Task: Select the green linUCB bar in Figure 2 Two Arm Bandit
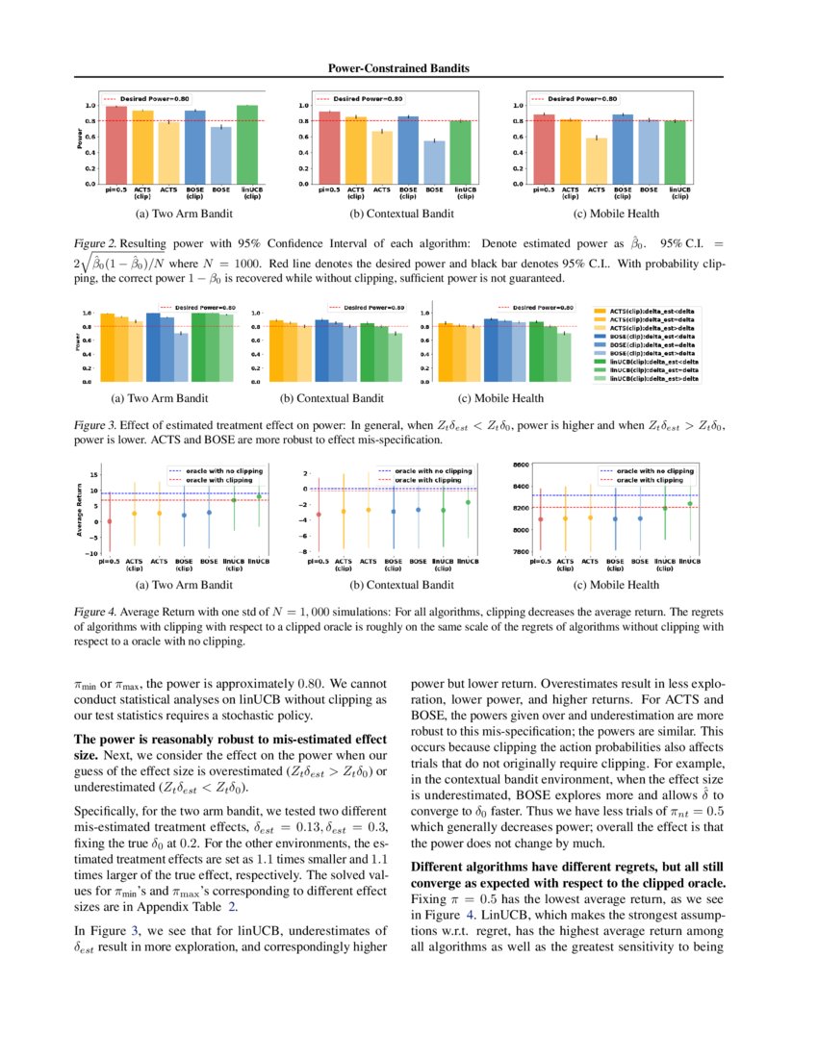coord(247,144)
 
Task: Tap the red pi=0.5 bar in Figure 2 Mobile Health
coord(545,149)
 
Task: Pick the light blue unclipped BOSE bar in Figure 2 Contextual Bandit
coord(435,162)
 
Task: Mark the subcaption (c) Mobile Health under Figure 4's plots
coord(616,584)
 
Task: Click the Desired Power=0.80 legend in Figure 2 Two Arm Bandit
coord(145,98)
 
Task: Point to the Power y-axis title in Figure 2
coord(80,140)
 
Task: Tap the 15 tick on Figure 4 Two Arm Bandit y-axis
coord(93,475)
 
